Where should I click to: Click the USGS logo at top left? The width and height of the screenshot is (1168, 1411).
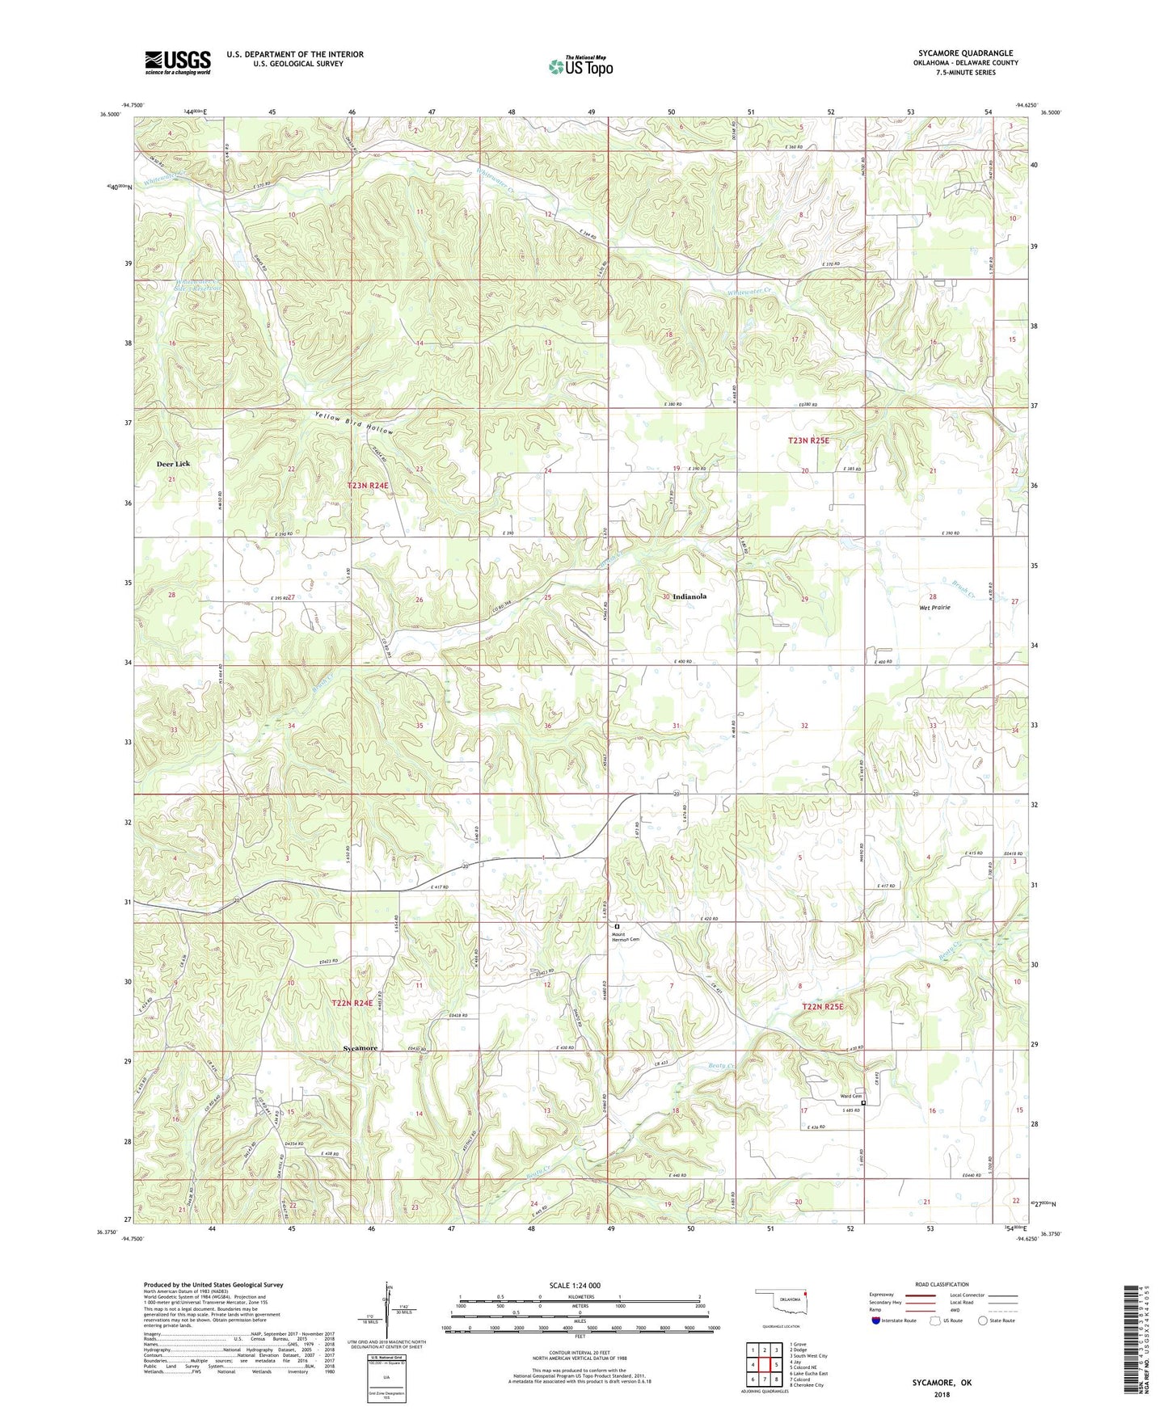(x=178, y=62)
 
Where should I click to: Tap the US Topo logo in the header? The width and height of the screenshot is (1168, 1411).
(x=580, y=66)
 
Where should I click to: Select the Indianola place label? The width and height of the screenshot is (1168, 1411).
(x=689, y=596)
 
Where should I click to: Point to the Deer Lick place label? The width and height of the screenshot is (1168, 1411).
(x=173, y=464)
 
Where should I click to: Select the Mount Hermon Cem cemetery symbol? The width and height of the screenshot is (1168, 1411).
(x=618, y=927)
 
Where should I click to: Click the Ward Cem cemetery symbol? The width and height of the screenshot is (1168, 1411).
(x=863, y=1103)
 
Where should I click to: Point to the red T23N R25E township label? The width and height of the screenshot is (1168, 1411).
(x=808, y=440)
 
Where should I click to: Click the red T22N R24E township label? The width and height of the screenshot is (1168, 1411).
(x=352, y=1003)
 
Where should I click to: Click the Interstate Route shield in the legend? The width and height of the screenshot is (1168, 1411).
(x=876, y=1320)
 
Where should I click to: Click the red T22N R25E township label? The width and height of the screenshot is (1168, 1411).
(x=822, y=1007)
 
